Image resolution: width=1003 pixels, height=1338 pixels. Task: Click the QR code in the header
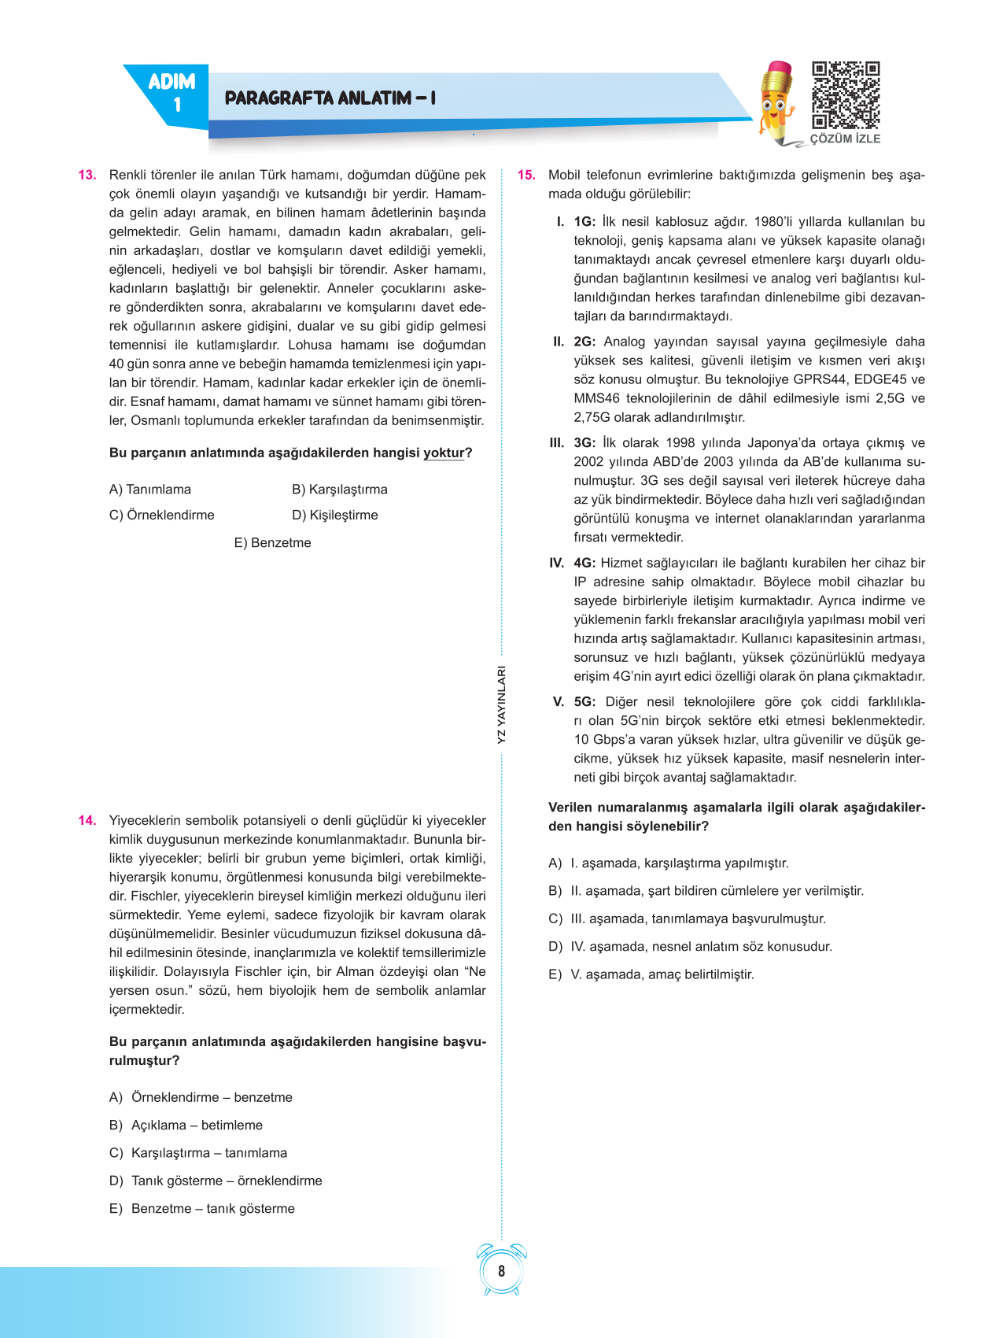coord(846,95)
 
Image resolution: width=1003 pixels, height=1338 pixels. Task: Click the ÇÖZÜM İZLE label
coord(845,139)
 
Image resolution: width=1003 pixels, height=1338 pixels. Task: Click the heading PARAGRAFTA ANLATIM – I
coord(330,98)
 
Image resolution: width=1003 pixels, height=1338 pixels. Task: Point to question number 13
coord(87,175)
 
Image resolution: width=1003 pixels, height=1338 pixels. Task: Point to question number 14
coord(87,820)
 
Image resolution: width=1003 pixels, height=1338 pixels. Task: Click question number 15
coord(526,175)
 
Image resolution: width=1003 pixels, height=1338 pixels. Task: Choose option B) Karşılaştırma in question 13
coord(339,490)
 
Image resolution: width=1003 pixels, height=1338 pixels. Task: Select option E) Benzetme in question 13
coord(272,543)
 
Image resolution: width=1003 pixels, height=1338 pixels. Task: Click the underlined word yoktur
coord(444,453)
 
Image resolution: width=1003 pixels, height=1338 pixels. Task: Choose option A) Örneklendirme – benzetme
coord(201,1097)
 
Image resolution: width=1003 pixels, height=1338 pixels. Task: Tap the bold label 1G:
coord(584,222)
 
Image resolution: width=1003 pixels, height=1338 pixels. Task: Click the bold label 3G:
coord(584,443)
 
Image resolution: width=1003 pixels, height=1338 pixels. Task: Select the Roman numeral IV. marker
coord(557,564)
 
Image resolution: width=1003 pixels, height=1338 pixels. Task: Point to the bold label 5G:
coord(584,702)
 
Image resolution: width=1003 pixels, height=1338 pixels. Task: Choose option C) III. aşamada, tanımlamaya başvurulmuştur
coord(687,918)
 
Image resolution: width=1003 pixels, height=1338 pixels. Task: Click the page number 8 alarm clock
coord(501,1270)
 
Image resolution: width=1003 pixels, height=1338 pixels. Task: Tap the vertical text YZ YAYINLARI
coord(501,704)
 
